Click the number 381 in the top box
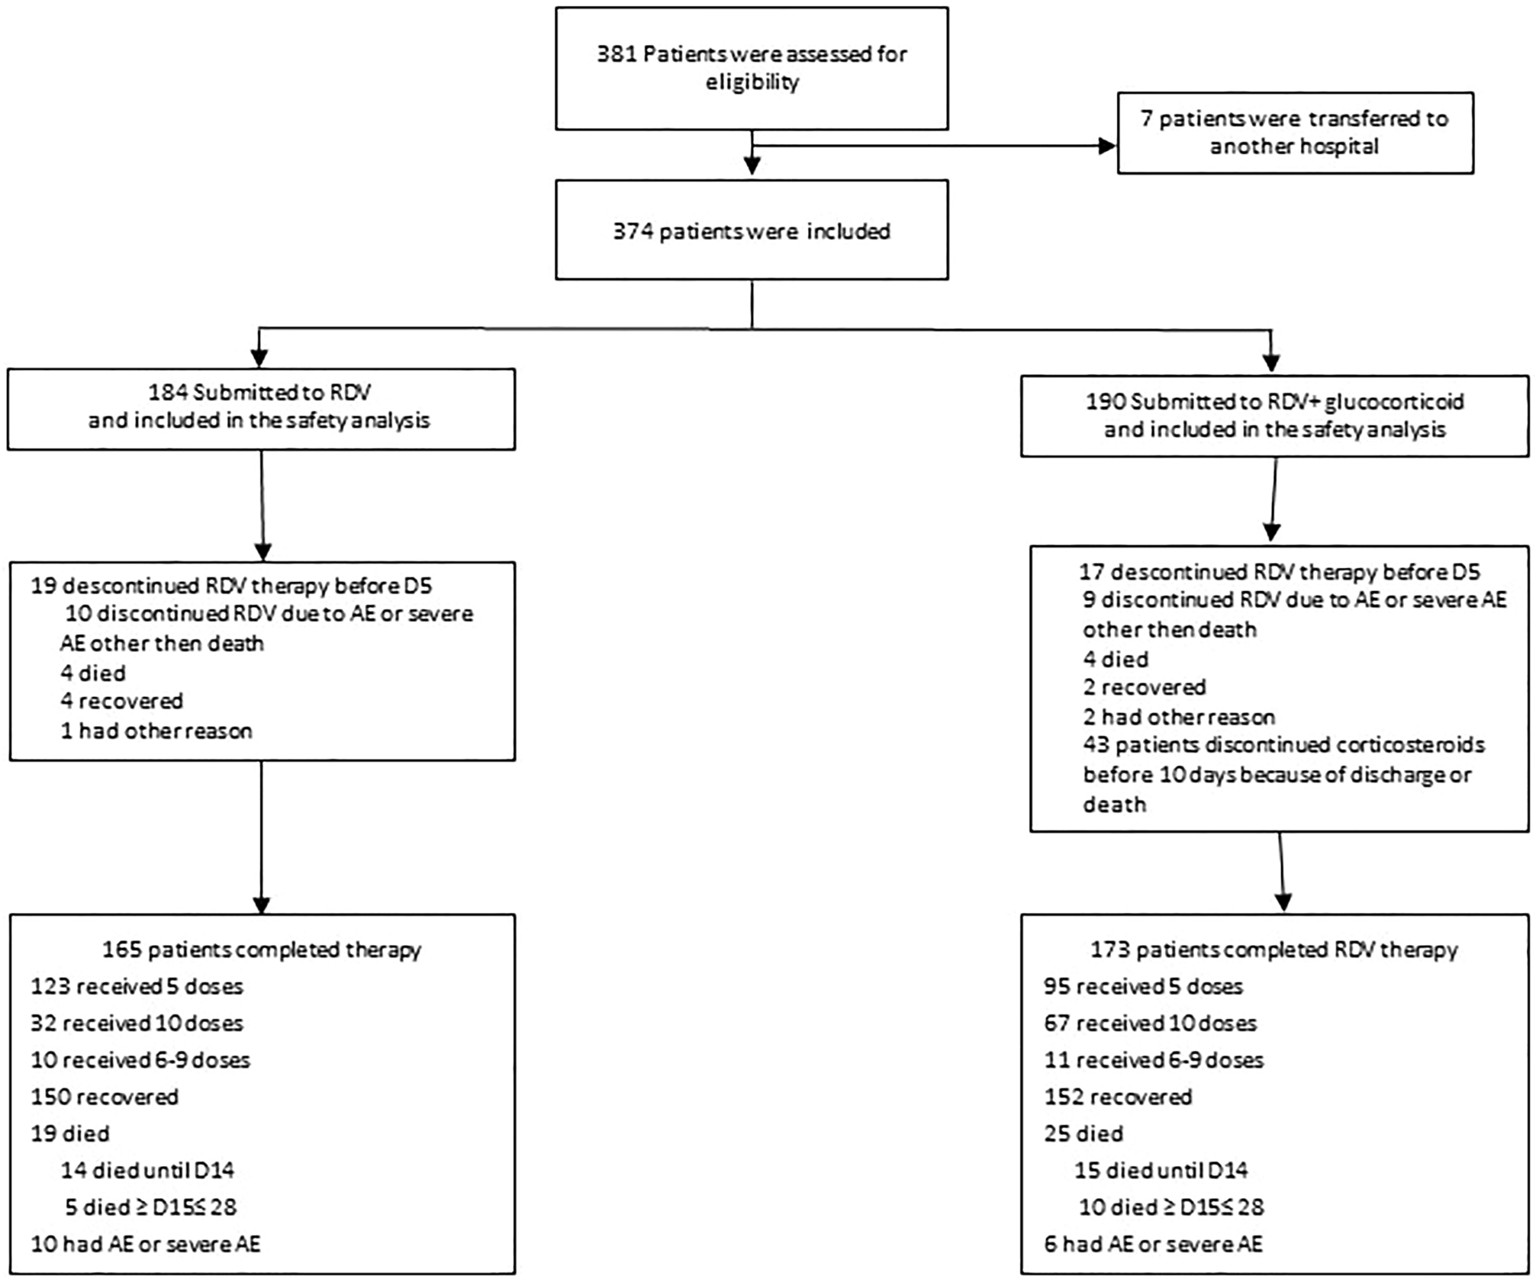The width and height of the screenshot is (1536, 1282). click(x=617, y=55)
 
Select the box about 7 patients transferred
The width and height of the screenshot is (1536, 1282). click(x=1295, y=133)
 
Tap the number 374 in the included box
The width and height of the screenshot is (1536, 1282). click(x=633, y=231)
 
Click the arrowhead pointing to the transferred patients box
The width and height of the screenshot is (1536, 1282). click(x=1107, y=146)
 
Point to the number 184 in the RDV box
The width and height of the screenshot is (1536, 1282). click(x=168, y=393)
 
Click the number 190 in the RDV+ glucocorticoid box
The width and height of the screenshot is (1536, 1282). click(x=1106, y=402)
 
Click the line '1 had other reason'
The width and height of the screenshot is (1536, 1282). click(x=156, y=731)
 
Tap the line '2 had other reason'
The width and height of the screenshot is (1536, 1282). click(x=1179, y=717)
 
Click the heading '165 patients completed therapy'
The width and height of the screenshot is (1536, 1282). click(x=262, y=950)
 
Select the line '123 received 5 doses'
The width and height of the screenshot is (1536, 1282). click(x=137, y=987)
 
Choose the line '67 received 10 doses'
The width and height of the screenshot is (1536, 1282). click(x=1151, y=1023)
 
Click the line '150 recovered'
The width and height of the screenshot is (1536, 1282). click(x=105, y=1097)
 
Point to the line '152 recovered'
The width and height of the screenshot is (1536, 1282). click(x=1118, y=1097)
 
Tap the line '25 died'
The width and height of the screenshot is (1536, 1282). click(x=1084, y=1134)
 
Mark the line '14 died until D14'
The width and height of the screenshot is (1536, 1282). click(x=148, y=1171)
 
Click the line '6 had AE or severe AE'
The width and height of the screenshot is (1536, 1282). click(x=1153, y=1245)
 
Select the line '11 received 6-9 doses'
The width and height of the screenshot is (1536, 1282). click(x=1154, y=1060)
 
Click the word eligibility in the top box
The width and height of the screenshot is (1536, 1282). click(x=752, y=82)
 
